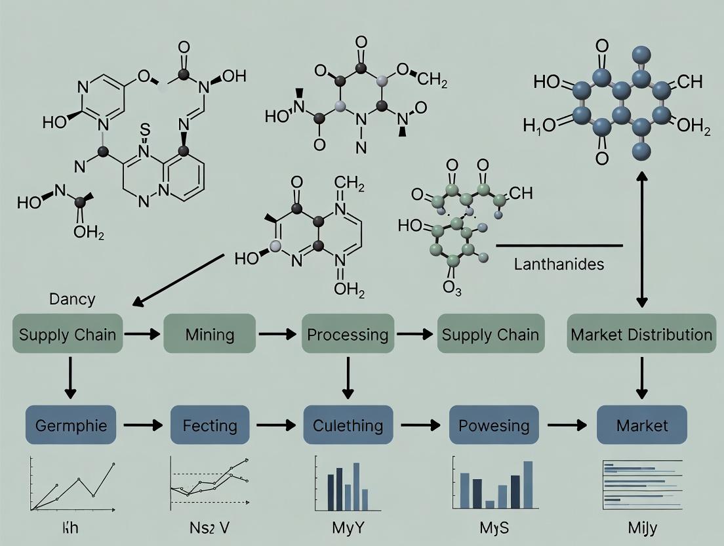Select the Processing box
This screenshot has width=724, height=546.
[x=348, y=335]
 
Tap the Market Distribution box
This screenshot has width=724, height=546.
[x=641, y=335]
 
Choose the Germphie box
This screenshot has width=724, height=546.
[x=70, y=425]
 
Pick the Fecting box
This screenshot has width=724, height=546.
[x=210, y=425]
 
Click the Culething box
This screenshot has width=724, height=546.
[x=348, y=425]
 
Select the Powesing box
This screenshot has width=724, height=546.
[x=494, y=425]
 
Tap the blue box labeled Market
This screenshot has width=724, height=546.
[x=642, y=425]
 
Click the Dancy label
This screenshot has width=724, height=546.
[x=71, y=300]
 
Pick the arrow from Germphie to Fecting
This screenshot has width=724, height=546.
[x=142, y=425]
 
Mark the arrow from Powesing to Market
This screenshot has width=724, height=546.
[x=567, y=425]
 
